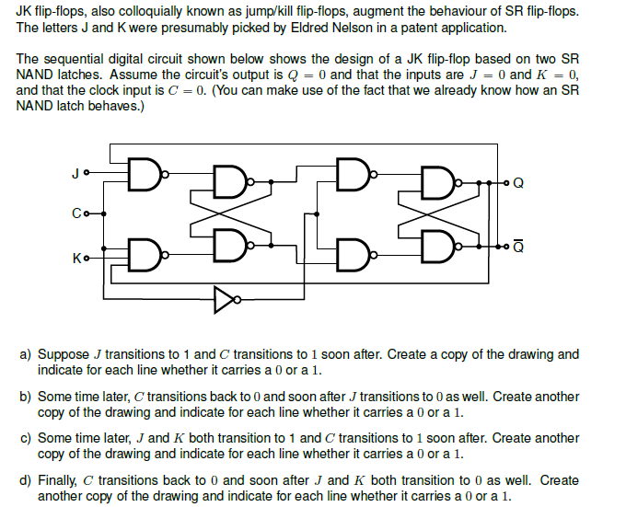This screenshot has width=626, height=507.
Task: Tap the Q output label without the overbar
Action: click(519, 182)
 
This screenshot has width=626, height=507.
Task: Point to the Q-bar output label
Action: click(519, 246)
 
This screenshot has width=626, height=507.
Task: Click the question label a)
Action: click(26, 354)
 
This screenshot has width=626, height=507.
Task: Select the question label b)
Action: click(26, 397)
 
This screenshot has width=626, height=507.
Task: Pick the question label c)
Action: click(26, 438)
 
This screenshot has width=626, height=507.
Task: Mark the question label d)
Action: click(26, 480)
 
